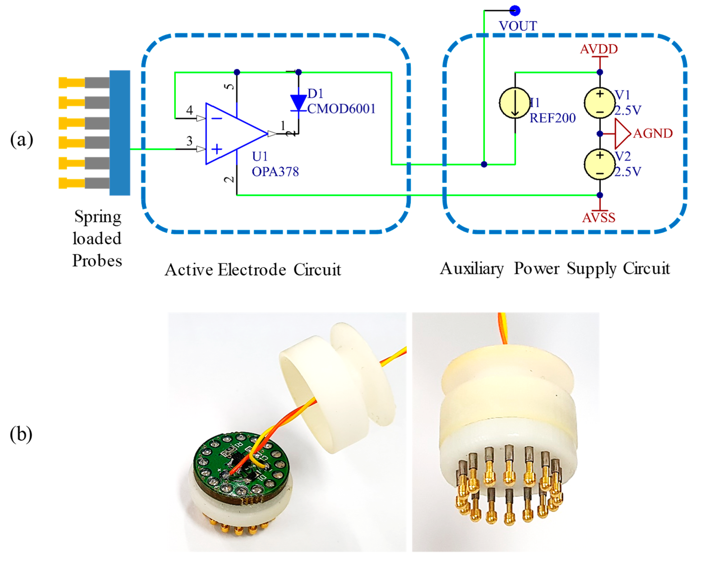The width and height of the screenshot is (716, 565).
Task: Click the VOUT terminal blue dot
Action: click(515, 11)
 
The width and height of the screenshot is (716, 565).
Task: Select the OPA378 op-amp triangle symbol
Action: click(232, 134)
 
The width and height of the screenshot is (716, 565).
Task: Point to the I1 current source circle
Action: click(515, 103)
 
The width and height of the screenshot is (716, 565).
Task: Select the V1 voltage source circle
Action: click(600, 103)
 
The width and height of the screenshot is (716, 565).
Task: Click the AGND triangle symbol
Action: click(622, 134)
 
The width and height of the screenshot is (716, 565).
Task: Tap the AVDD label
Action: click(599, 49)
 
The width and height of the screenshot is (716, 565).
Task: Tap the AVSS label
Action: click(599, 218)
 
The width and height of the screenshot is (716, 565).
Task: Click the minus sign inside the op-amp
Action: click(217, 118)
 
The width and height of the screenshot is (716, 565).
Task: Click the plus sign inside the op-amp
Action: click(217, 149)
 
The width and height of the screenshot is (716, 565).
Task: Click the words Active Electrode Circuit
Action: click(253, 270)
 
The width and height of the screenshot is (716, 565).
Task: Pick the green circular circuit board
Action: click(241, 466)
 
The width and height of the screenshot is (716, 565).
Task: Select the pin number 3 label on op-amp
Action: click(189, 141)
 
